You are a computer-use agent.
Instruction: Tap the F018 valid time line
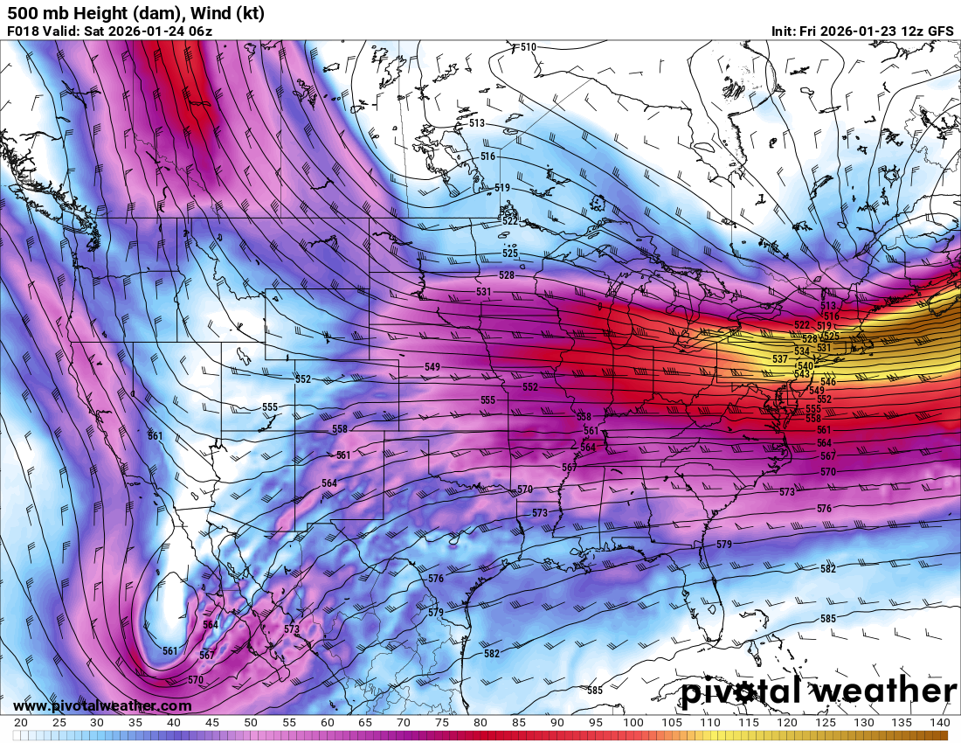point(110,31)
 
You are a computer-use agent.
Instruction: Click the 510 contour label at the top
point(529,47)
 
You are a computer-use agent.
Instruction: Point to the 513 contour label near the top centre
point(476,123)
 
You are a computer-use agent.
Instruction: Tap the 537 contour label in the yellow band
point(780,359)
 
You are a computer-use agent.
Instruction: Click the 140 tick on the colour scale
point(939,723)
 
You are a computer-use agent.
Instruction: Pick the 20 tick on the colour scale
point(21,723)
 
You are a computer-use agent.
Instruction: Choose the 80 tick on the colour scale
point(480,723)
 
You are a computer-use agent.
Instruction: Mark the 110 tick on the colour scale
point(710,723)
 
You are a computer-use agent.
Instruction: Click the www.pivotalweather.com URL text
point(102,705)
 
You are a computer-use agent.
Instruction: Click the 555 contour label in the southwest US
point(270,407)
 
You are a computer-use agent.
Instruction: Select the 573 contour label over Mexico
point(292,629)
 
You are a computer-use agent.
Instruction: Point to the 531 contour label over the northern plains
point(483,291)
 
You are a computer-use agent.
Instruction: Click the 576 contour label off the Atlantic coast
point(824,508)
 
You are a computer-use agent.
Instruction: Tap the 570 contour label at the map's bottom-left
point(196,680)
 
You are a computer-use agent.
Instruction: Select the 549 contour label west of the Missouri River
point(432,366)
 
